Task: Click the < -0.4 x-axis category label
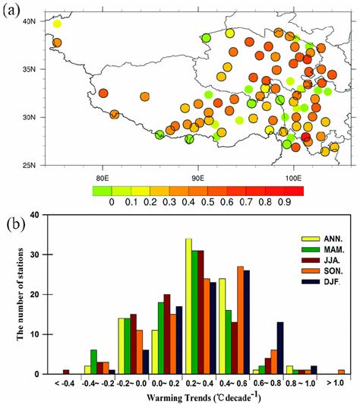pos(65,384)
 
